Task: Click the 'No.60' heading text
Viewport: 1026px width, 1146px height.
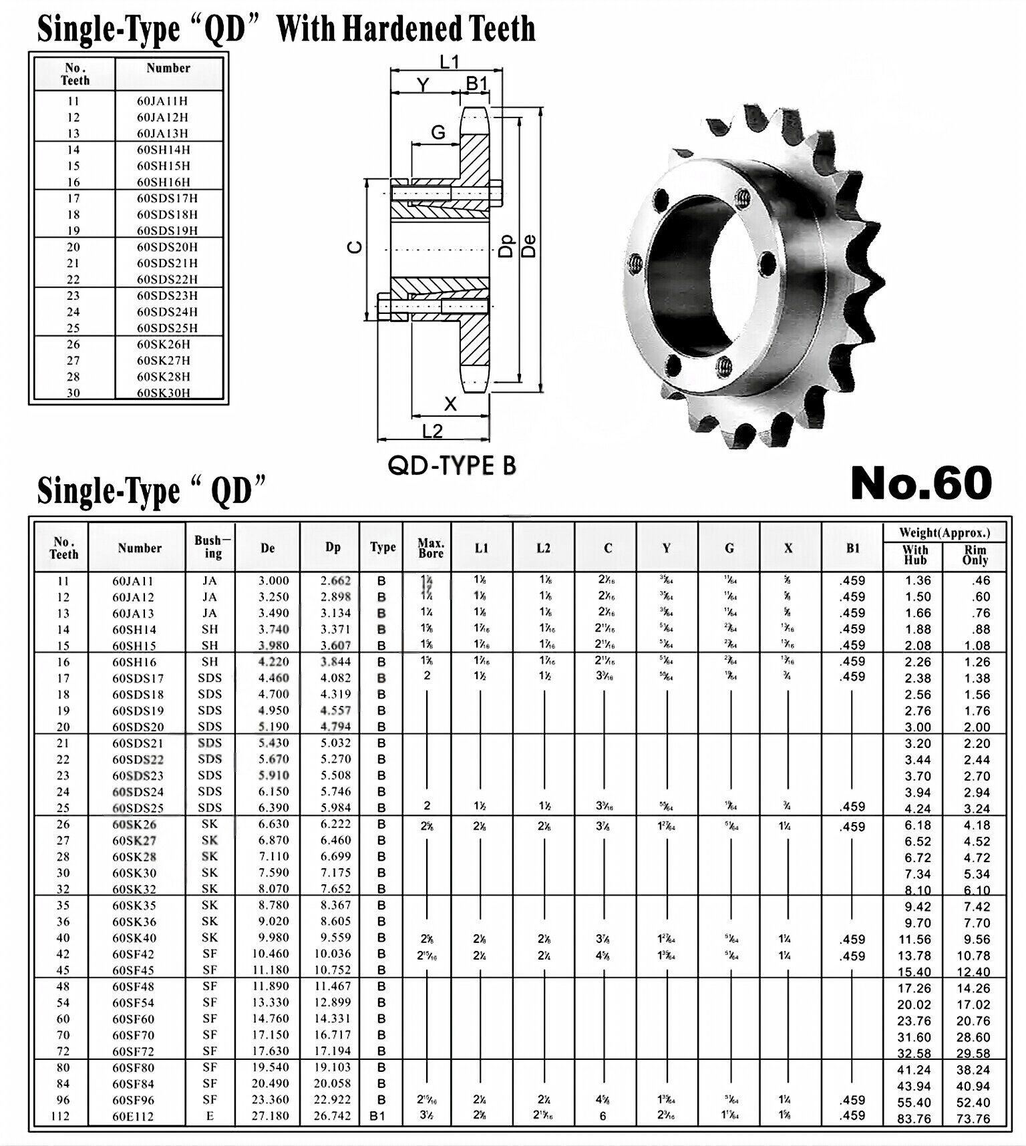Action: pos(921,484)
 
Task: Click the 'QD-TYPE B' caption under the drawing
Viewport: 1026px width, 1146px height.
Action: pos(452,465)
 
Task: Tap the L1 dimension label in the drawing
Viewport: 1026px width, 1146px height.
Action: pos(449,62)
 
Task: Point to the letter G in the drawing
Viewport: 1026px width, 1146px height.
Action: pos(438,132)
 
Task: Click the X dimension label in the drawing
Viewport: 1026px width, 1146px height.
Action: pos(450,404)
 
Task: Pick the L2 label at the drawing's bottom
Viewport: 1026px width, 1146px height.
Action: pos(432,431)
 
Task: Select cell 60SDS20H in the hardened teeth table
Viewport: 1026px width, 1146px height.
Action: pos(167,247)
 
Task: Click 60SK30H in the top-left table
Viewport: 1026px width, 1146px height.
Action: pos(164,393)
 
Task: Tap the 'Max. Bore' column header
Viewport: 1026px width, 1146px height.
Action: pos(430,548)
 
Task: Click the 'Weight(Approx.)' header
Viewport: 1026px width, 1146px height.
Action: pos(944,532)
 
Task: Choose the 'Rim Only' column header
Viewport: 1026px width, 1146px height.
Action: pos(975,556)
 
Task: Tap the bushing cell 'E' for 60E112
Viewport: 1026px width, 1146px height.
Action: pos(210,1116)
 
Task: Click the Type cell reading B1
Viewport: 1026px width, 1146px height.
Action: pos(377,1116)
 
